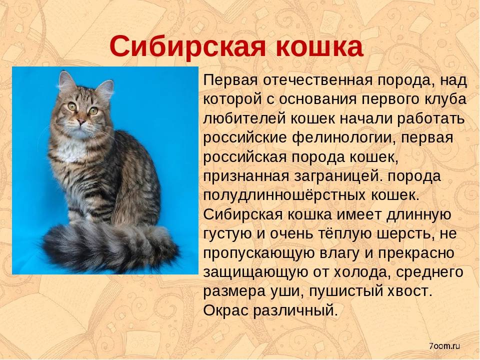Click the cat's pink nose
point(81,121)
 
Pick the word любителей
point(244,119)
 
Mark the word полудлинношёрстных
point(284,195)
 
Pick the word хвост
point(410,291)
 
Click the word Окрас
point(225,310)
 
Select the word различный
point(295,310)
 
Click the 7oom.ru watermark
point(444,346)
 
